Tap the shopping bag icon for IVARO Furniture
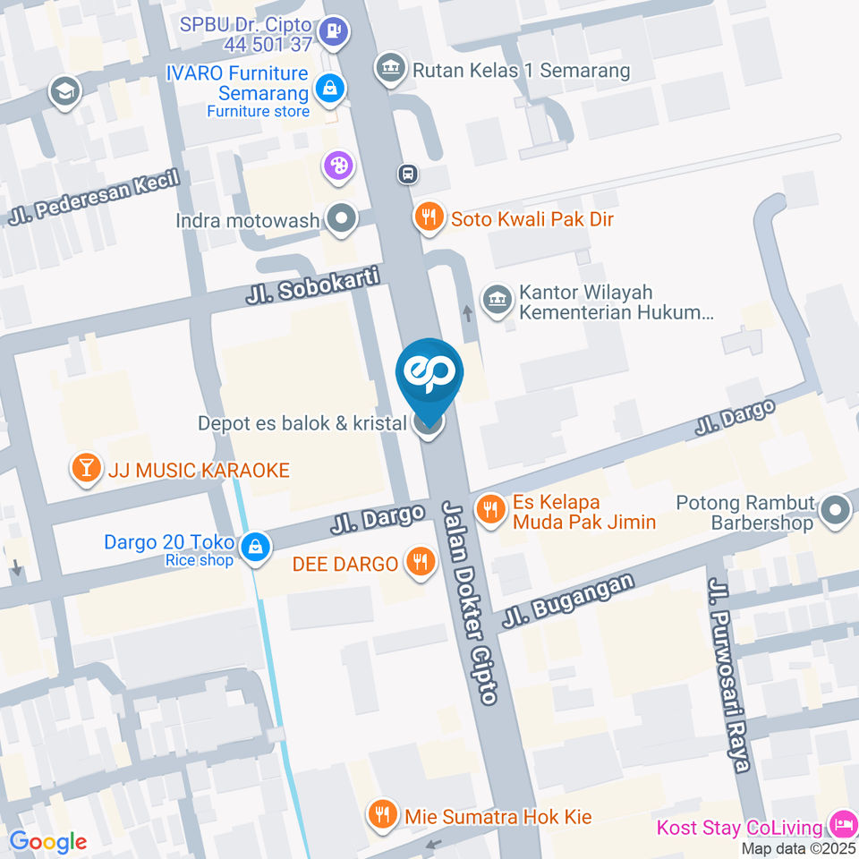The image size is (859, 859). pyautogui.click(x=329, y=89)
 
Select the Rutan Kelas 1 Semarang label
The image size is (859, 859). pyautogui.click(x=521, y=69)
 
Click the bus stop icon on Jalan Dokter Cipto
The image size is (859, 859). pyautogui.click(x=407, y=174)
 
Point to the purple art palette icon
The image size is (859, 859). pyautogui.click(x=339, y=166)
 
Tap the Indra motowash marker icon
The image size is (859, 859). pyautogui.click(x=341, y=218)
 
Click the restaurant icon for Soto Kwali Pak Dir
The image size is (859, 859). pyautogui.click(x=430, y=217)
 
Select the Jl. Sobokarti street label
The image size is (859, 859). pyautogui.click(x=312, y=287)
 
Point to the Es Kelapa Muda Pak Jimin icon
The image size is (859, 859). pyautogui.click(x=490, y=511)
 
